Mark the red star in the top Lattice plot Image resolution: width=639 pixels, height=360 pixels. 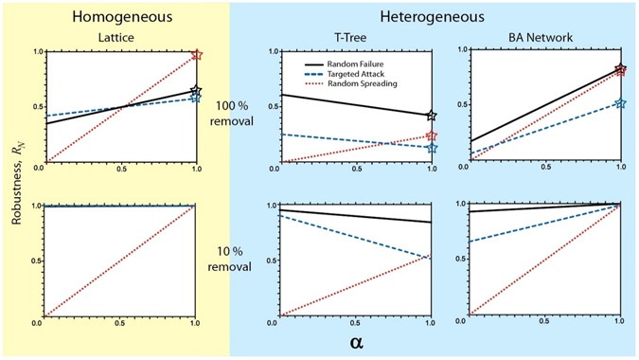[196, 55]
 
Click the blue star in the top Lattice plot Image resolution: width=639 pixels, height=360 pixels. [196, 98]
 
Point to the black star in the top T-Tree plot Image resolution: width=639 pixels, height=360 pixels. [432, 115]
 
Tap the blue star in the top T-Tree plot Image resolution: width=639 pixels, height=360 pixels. [432, 148]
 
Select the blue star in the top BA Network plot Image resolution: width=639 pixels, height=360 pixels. [620, 102]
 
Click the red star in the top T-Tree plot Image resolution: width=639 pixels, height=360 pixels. [432, 135]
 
